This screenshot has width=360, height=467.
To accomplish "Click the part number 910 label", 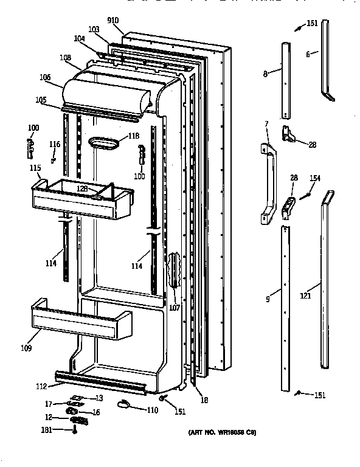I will point(114,21).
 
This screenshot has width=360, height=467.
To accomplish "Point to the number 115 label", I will point(36,168).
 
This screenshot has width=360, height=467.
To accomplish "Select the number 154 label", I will point(315,178).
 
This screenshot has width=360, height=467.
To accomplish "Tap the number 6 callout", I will point(308,54).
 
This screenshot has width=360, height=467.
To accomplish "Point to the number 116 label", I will point(55,144).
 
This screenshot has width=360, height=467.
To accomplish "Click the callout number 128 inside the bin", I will point(82,189).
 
